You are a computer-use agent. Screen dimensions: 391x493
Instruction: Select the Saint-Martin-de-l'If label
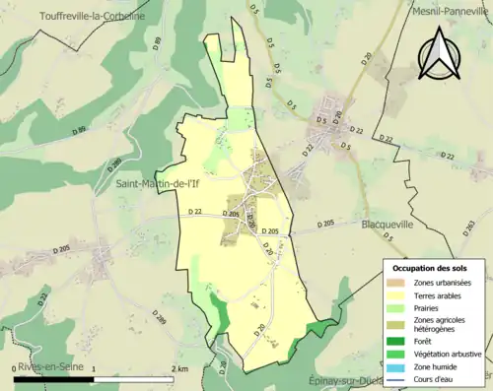161,183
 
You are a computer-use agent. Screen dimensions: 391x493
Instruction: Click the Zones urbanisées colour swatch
397,283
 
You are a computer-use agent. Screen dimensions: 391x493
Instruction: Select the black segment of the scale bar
54,377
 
